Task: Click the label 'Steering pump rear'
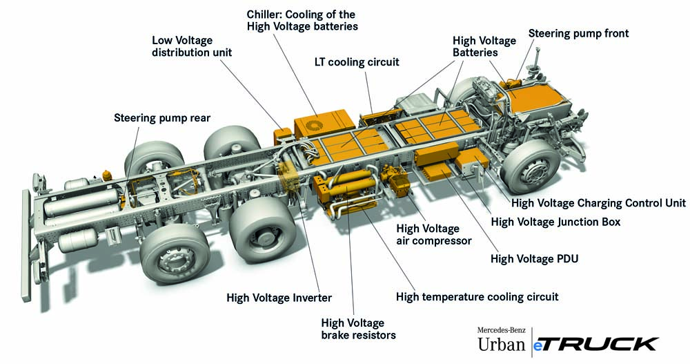[x=161, y=118]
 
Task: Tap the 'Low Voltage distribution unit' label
[x=192, y=46]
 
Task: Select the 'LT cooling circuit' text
[x=357, y=62]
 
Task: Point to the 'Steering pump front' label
[x=578, y=33]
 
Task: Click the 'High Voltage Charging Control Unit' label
[x=598, y=203]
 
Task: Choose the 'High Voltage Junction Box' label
[x=555, y=222]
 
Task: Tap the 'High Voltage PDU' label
[x=534, y=259]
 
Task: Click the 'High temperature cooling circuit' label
[x=477, y=296]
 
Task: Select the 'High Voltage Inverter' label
[x=279, y=298]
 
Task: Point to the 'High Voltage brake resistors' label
[x=358, y=329]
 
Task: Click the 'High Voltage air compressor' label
[x=433, y=235]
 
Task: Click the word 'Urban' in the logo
[x=501, y=343]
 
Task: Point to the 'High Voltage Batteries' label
[x=475, y=46]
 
